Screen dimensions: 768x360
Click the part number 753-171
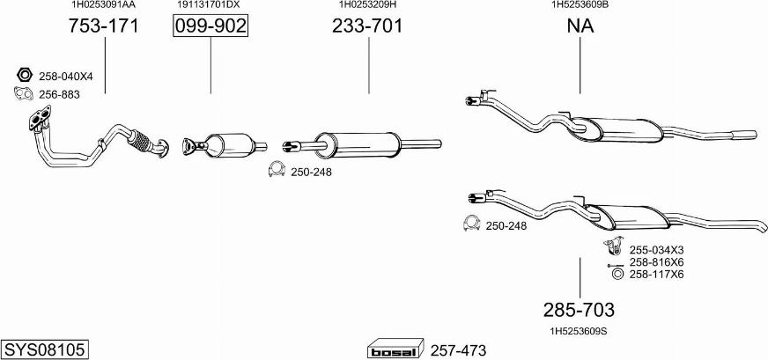click(x=103, y=26)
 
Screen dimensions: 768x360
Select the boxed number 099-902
click(x=210, y=26)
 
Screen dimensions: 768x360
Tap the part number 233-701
click(x=367, y=26)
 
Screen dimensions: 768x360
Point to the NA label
click(x=580, y=26)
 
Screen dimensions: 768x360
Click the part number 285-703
click(x=579, y=310)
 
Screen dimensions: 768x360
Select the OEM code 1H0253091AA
click(x=103, y=5)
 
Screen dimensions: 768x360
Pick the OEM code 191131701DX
click(x=208, y=5)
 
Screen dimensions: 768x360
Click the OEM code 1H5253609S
click(x=579, y=331)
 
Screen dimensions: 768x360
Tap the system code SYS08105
click(x=45, y=349)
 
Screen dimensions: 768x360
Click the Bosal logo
click(x=395, y=349)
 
